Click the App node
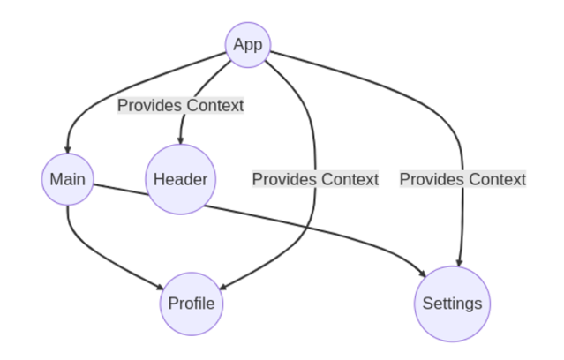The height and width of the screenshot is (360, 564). click(x=248, y=45)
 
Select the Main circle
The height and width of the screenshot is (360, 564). click(x=68, y=179)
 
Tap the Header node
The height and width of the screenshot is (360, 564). click(x=181, y=179)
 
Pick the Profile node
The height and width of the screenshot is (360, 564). click(x=192, y=304)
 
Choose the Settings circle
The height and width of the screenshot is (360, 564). click(x=452, y=304)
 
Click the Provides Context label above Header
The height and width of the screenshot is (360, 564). click(x=181, y=106)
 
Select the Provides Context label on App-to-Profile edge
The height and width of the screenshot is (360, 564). click(x=315, y=179)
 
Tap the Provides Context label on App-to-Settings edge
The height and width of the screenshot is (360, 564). click(x=462, y=179)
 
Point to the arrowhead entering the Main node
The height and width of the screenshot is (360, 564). click(x=68, y=150)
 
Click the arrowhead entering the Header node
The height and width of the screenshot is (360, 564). click(x=181, y=140)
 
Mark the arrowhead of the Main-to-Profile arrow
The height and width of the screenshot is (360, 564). click(x=160, y=287)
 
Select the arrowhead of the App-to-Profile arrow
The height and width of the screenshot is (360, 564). click(x=222, y=287)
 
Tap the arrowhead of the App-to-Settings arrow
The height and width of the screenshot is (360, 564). click(x=459, y=262)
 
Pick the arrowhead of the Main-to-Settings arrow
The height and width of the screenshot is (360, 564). click(x=422, y=273)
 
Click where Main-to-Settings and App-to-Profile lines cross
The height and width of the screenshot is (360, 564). click(x=306, y=228)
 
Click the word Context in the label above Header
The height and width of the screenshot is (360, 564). click(x=215, y=106)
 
